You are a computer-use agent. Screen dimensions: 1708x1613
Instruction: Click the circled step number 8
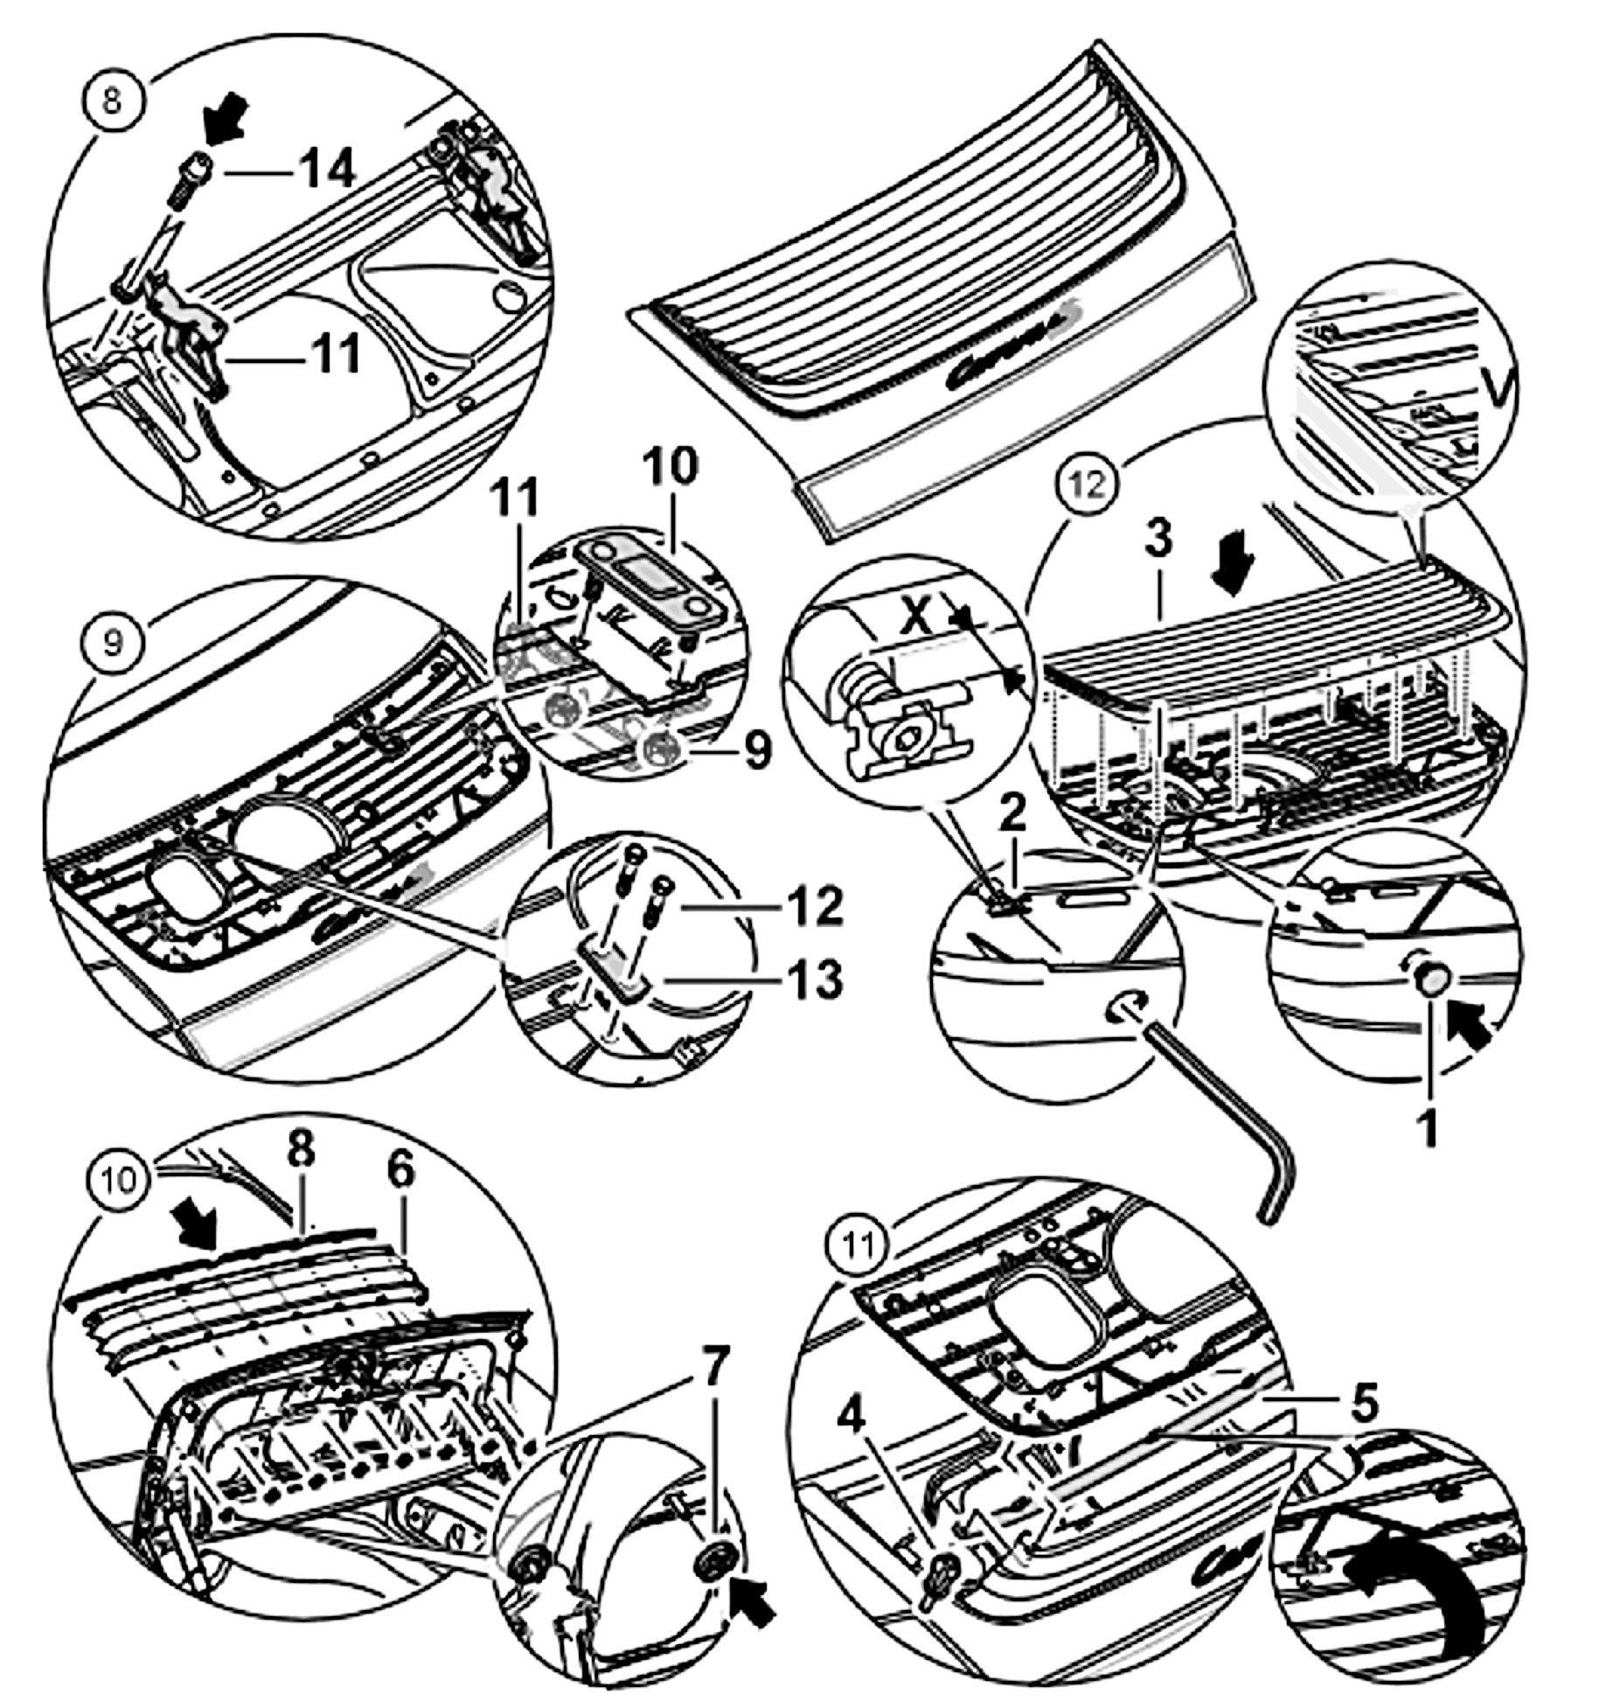click(x=112, y=101)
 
